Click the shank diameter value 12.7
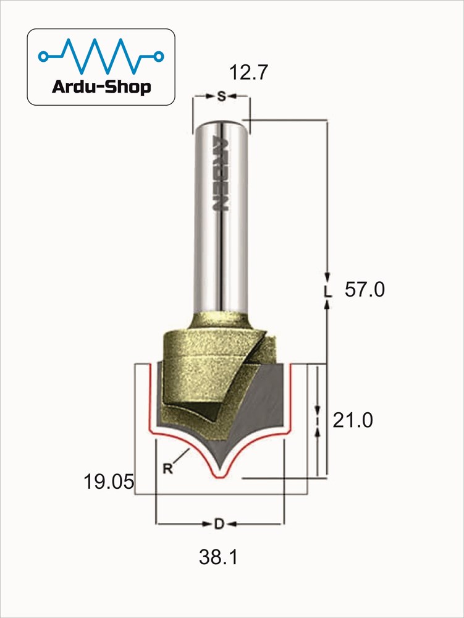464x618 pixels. pos(248,72)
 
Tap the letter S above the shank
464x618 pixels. pos(221,96)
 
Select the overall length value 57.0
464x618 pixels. pos(365,290)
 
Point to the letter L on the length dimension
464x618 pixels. pos(327,291)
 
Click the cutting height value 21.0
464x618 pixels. pos(353,420)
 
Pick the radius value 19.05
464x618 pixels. pos(109,481)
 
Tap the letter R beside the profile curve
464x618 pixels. pos(168,468)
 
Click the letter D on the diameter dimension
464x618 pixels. pos(219,524)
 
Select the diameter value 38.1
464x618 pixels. pos(219,557)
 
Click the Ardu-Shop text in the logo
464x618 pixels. pos(101,87)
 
